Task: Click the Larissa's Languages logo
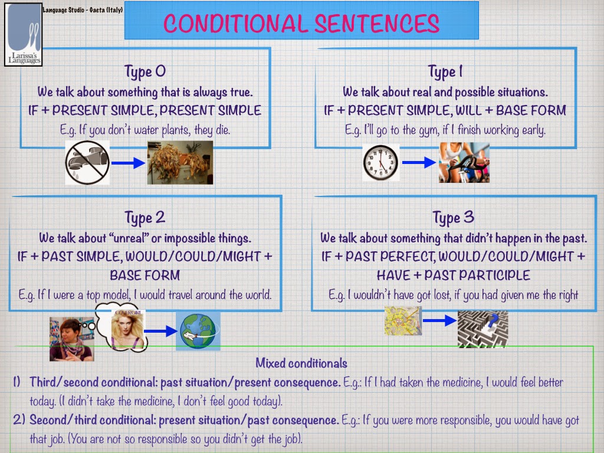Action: pos(24,34)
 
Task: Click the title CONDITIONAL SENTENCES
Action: pos(301,24)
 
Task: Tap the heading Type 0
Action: pos(145,72)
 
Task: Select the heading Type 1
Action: pos(445,72)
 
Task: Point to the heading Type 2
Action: pos(145,218)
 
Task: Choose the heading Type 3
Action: pos(453,218)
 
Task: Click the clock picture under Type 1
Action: pos(380,163)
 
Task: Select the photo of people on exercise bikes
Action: pos(464,163)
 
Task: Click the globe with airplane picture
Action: pos(198,331)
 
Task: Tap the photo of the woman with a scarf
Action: pos(71,339)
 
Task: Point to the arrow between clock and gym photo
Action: pos(419,163)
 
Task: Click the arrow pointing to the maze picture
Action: pos(439,321)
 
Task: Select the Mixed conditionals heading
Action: pos(301,363)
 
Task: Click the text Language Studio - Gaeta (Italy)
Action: pos(83,10)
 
